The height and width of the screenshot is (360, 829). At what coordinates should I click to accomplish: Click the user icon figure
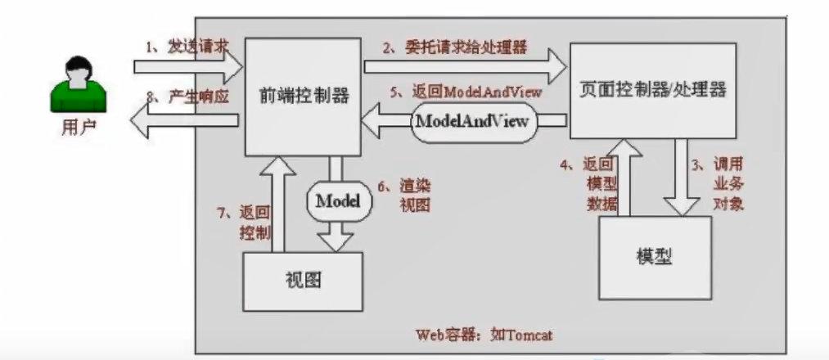pyautogui.click(x=79, y=85)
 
